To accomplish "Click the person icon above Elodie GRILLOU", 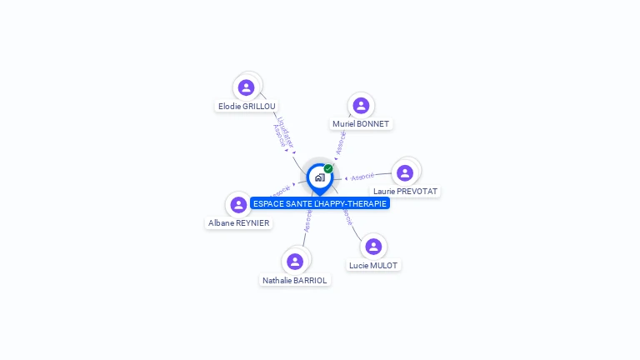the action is [x=246, y=87].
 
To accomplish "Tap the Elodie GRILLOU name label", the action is [x=247, y=107].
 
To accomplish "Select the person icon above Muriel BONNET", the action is [x=361, y=105].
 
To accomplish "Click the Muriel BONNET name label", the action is [x=361, y=124].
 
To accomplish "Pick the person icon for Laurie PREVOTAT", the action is [x=405, y=172].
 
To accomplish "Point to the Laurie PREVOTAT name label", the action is [x=406, y=192].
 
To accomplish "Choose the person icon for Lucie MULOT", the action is [x=373, y=246].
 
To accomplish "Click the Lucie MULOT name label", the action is [x=373, y=265].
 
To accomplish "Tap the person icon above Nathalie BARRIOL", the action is [x=294, y=261].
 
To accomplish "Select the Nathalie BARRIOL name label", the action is [x=295, y=281].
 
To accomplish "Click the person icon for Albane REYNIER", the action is [x=238, y=205].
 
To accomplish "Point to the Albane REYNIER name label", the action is [x=238, y=223].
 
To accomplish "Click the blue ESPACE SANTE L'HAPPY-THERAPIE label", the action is [x=320, y=203].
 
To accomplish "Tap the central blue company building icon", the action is [x=319, y=177].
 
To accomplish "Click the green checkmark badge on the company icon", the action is [x=328, y=168].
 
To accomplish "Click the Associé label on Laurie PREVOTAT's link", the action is [x=362, y=177].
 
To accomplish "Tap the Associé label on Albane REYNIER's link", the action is [x=280, y=191].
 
